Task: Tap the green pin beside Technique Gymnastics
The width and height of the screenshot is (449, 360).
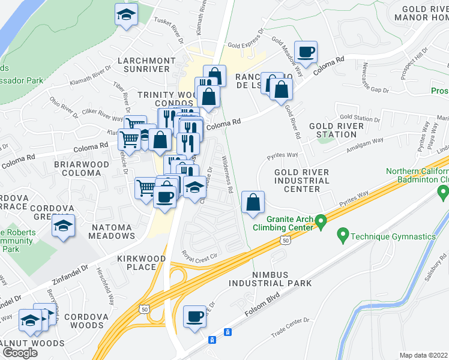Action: [x=343, y=235]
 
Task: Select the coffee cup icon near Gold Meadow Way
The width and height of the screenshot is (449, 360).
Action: [x=306, y=52]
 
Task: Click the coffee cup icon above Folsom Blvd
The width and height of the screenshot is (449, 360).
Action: [x=194, y=316]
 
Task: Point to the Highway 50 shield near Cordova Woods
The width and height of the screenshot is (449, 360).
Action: [x=143, y=308]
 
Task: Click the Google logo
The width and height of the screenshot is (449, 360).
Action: [x=20, y=353]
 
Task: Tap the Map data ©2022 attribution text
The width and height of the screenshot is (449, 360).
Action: [x=423, y=355]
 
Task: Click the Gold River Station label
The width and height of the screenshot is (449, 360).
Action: [x=336, y=130]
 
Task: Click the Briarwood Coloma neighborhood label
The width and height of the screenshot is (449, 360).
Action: [x=81, y=169]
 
